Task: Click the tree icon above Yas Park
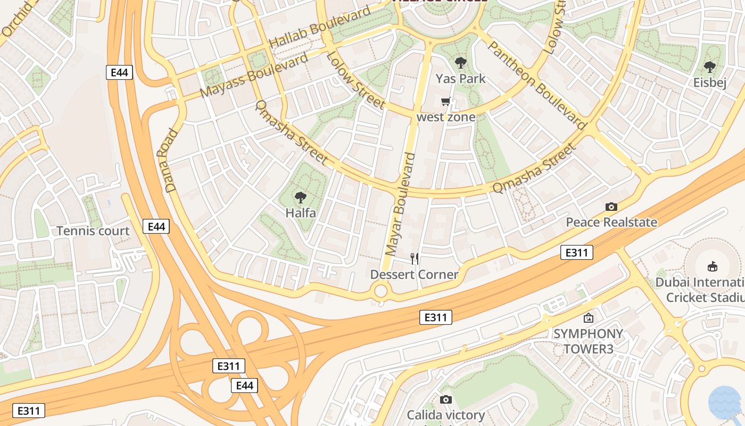[461, 63]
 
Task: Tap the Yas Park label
[461, 79]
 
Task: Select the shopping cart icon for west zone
[446, 101]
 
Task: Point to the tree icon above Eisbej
[709, 67]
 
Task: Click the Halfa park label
[301, 213]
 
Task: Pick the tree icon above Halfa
[301, 198]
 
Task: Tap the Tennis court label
[93, 231]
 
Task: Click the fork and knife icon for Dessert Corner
[415, 259]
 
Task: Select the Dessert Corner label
[414, 275]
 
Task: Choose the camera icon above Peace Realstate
[611, 207]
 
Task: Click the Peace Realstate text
[611, 222]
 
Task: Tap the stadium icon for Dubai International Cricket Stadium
[713, 266]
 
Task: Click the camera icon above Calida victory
[446, 399]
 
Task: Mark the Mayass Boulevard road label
[254, 75]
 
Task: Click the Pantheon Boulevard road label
[536, 86]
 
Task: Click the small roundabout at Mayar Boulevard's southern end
[381, 291]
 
